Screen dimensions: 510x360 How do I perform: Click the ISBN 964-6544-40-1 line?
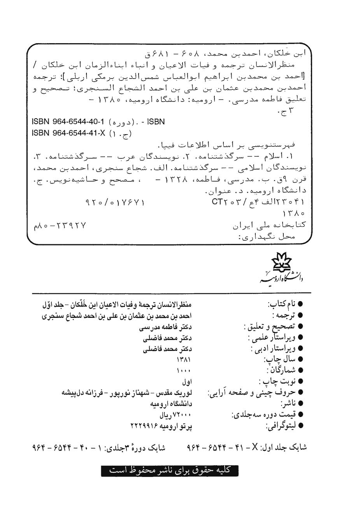point(98,122)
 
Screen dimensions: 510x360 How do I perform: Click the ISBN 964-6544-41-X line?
point(82,133)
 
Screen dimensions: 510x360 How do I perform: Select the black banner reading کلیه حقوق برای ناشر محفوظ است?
point(170,470)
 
